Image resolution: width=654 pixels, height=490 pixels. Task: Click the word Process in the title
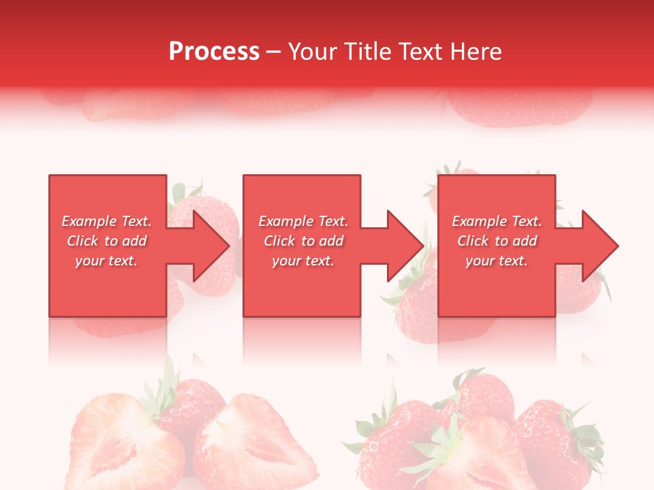(x=214, y=52)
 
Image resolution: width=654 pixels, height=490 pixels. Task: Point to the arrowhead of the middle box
(x=404, y=246)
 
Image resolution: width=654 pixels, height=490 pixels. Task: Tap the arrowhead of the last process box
(x=598, y=246)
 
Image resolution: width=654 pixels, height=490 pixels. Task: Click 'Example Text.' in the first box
(x=107, y=221)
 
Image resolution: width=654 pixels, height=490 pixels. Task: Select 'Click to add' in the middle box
(x=303, y=241)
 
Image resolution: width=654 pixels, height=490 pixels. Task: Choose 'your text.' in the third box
(x=497, y=261)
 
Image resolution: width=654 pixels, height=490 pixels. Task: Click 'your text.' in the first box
(x=107, y=261)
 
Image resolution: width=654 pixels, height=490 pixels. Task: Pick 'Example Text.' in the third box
(x=497, y=221)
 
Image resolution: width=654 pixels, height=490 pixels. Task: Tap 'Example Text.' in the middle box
(x=303, y=221)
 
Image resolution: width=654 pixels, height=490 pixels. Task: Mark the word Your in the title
(x=311, y=52)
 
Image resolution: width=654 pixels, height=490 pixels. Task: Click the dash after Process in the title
(x=273, y=52)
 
